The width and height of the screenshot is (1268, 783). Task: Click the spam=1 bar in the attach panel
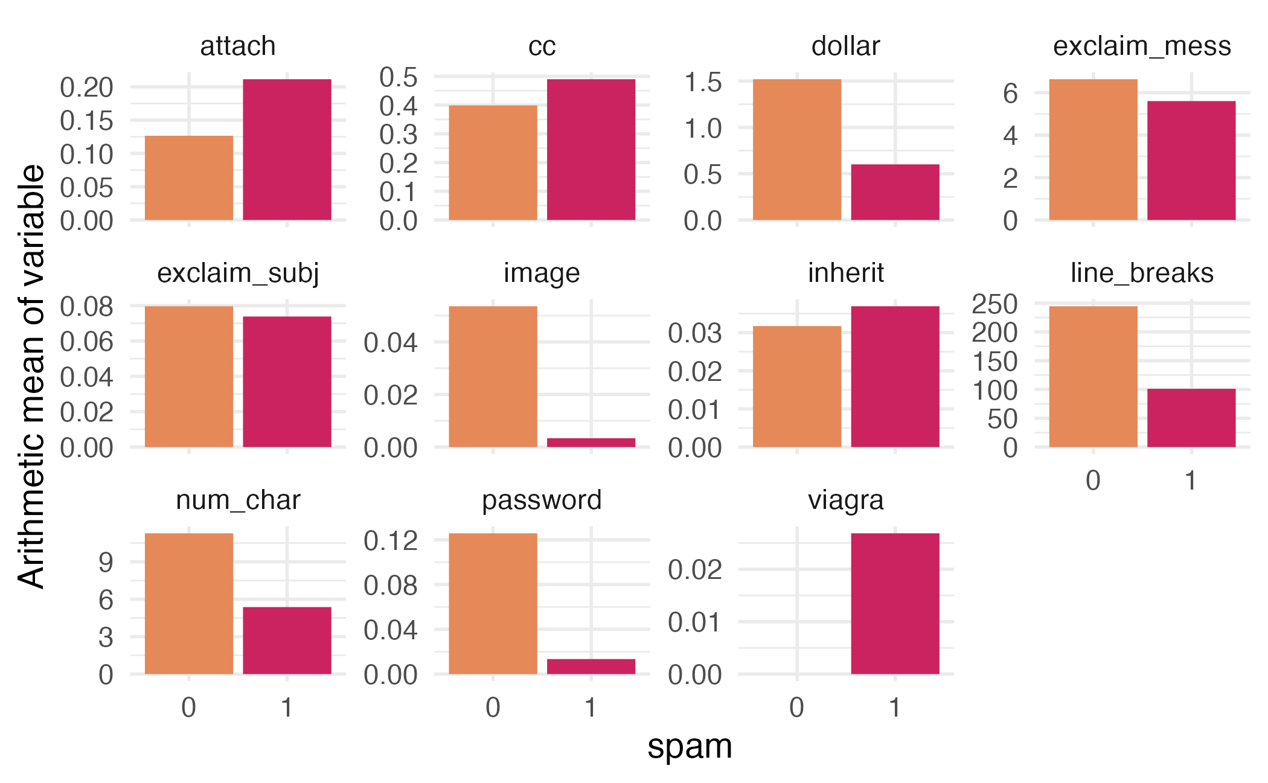(x=287, y=149)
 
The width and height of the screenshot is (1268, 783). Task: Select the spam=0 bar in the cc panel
(x=493, y=162)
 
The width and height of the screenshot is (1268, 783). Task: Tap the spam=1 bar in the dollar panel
(x=895, y=192)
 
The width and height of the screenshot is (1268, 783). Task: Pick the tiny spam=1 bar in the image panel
(x=591, y=443)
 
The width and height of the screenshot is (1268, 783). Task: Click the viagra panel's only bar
(x=895, y=603)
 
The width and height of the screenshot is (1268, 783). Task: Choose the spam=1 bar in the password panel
(x=591, y=666)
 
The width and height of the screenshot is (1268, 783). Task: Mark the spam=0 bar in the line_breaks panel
(x=1093, y=377)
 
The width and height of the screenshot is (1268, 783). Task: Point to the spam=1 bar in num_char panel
(x=287, y=640)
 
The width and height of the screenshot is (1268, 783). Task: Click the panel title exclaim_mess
(x=1142, y=46)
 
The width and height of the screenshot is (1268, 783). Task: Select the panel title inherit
(x=845, y=273)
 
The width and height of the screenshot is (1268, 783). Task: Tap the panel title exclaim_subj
(x=238, y=273)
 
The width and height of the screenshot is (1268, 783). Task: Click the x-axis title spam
(x=690, y=747)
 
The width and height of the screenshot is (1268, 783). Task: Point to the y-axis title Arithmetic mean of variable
(x=31, y=376)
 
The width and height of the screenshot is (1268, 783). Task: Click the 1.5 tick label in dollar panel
(x=702, y=82)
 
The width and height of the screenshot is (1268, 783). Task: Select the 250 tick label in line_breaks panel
(x=994, y=304)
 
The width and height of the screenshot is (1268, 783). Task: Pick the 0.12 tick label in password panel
(x=391, y=541)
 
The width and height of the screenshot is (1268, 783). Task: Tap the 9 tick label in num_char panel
(x=106, y=563)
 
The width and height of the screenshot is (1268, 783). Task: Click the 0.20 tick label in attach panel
(x=86, y=88)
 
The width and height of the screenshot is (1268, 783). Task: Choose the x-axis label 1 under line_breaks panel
(x=1191, y=481)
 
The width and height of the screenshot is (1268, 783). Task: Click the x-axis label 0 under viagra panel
(x=796, y=708)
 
